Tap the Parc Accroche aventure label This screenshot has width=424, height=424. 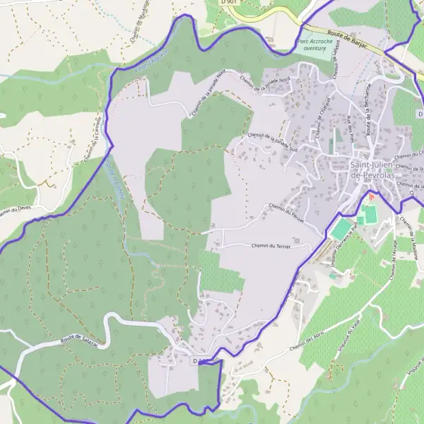coord(313,45)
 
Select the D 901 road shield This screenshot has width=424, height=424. coord(228,3)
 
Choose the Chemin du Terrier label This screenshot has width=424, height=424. coord(271,245)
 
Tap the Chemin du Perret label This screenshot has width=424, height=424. coord(285,213)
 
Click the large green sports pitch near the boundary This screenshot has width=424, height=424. coord(341,228)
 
